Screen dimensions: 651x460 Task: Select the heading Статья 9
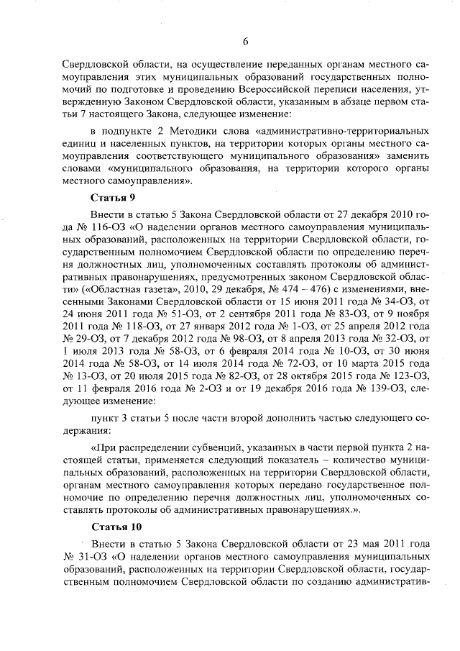(x=114, y=196)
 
